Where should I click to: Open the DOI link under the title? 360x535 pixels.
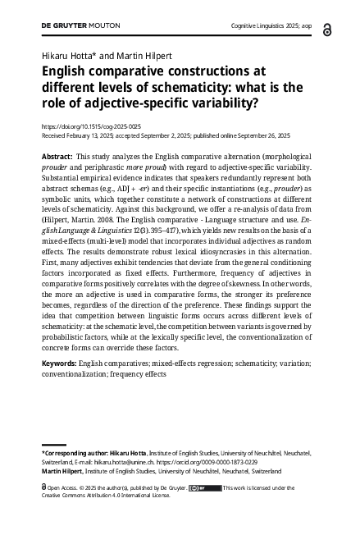pos(91,127)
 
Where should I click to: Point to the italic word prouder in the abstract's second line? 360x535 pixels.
pos(58,167)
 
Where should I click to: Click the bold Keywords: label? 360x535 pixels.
pos(59,362)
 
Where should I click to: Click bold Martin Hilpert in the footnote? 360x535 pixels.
pos(62,472)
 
